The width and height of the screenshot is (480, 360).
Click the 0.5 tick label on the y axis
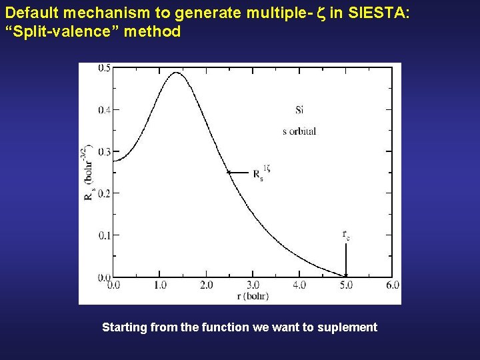[x=105, y=68]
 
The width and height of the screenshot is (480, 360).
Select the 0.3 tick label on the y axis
[x=105, y=152]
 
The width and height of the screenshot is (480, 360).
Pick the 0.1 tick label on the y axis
[x=105, y=235]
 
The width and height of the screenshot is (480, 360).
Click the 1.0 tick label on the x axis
[x=160, y=285]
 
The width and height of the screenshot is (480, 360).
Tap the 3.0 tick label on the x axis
[x=253, y=285]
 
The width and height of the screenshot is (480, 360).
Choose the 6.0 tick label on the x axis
[x=393, y=285]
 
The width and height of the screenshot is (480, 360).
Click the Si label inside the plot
[x=299, y=110]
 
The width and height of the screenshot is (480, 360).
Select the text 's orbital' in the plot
[x=299, y=131]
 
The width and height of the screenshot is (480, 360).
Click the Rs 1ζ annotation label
[x=261, y=174]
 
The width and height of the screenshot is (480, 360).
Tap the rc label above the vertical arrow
[x=346, y=235]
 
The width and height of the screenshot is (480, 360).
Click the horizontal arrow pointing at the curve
[x=239, y=172]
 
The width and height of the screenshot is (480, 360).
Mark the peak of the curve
[x=177, y=72]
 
